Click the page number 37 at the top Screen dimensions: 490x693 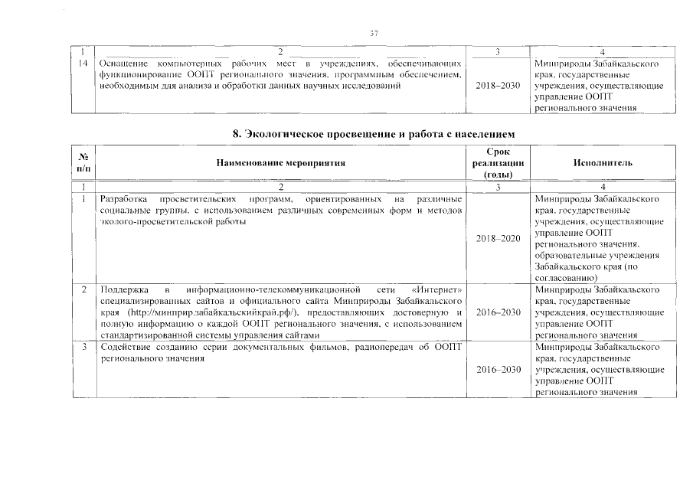tap(374, 33)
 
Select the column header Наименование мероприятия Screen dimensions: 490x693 tap(280, 163)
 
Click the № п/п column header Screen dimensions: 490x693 tap(82, 163)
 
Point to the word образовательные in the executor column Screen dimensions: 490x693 tap(570, 254)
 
